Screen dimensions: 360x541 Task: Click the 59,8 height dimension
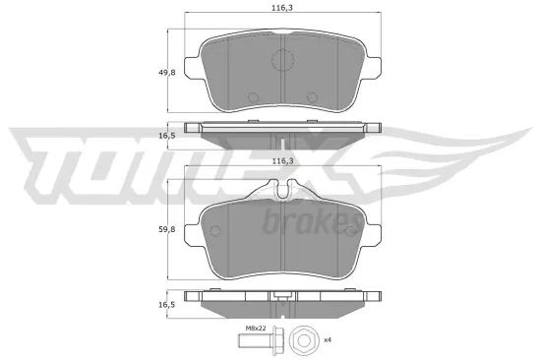154,232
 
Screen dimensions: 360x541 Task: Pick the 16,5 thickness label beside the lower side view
154,306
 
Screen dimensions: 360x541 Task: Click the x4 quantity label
328,340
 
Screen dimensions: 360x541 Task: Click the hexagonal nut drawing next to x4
304,341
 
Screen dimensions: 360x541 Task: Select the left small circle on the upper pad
252,96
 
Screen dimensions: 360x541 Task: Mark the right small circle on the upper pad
313,96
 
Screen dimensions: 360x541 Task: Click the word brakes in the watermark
305,224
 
